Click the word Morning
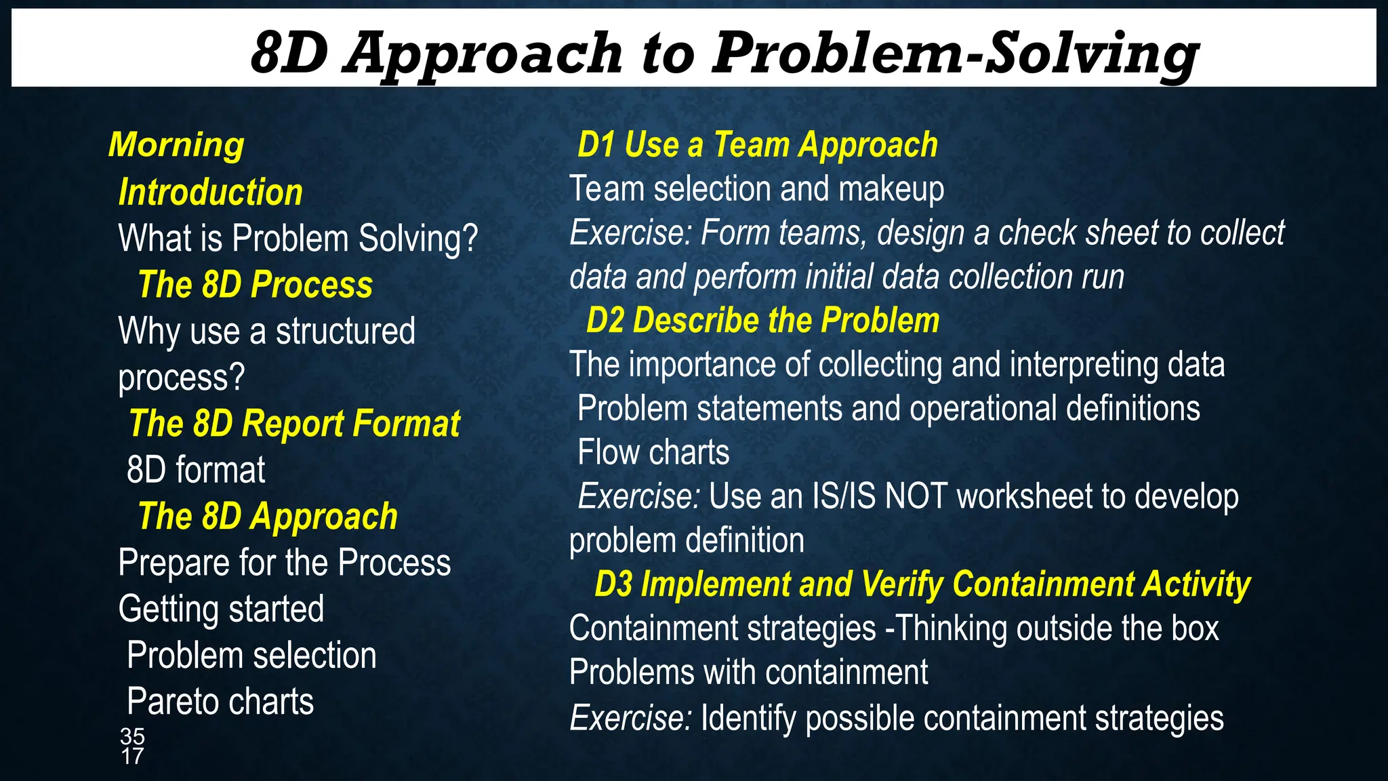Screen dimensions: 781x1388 point(176,145)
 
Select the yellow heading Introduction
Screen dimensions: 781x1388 point(210,192)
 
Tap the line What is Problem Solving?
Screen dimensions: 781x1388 point(298,239)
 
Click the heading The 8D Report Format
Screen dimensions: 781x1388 point(294,424)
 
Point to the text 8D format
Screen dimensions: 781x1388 point(196,470)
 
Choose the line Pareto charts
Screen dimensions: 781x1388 point(220,702)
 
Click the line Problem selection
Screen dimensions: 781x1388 point(251,656)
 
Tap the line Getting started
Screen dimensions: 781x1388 point(221,609)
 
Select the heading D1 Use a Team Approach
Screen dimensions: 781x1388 point(757,145)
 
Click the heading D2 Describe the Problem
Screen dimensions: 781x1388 point(762,320)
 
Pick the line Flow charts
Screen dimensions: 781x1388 point(653,452)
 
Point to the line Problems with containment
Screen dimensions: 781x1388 point(748,673)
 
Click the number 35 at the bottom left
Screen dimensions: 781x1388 point(132,736)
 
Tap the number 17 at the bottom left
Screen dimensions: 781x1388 point(132,756)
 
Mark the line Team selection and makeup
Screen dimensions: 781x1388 point(756,188)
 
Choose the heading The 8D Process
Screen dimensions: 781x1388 point(255,285)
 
